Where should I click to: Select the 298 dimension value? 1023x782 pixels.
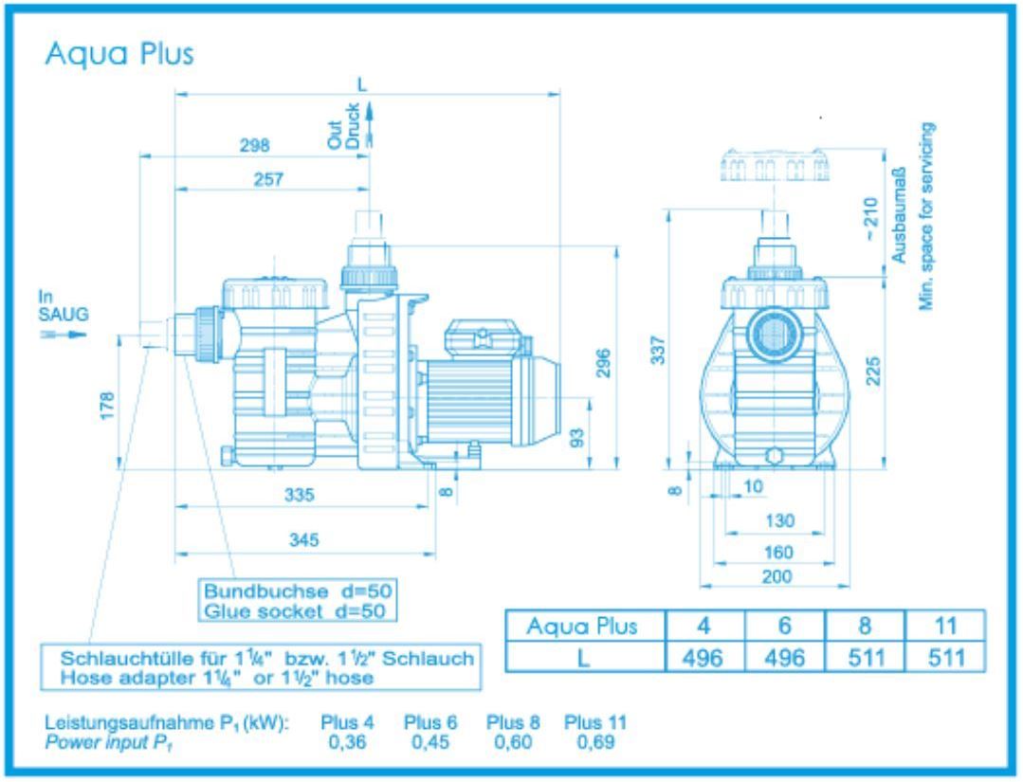[x=254, y=146]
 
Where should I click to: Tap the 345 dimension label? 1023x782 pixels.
[x=305, y=539]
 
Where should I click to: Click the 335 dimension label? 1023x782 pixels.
[x=301, y=495]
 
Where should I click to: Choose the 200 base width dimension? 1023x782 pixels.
[x=769, y=574]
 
